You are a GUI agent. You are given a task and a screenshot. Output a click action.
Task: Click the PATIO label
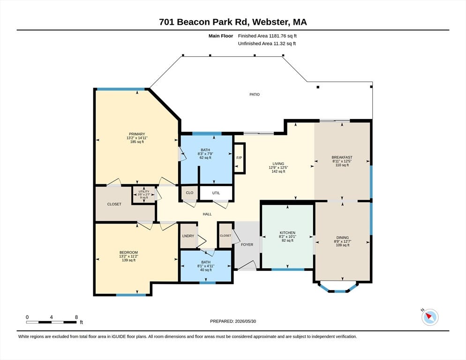click(x=255, y=95)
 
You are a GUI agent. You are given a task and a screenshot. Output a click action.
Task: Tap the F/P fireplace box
click(x=239, y=158)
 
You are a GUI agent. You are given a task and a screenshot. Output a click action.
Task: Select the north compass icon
click(x=430, y=317)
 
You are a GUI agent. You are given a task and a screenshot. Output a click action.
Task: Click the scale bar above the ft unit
click(x=51, y=322)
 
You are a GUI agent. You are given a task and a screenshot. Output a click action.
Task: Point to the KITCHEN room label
click(x=287, y=233)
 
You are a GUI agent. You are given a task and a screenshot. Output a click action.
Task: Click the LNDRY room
click(x=188, y=236)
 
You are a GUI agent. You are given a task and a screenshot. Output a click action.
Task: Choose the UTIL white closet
click(x=216, y=193)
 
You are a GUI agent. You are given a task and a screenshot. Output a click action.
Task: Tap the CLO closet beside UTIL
click(x=189, y=193)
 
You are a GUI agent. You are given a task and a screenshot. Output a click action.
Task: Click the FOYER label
click(x=247, y=245)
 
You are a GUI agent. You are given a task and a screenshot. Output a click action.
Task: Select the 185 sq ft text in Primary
click(x=137, y=142)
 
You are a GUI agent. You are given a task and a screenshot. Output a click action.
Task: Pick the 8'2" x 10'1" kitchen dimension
click(x=287, y=237)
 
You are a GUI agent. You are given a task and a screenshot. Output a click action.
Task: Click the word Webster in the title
click(x=271, y=22)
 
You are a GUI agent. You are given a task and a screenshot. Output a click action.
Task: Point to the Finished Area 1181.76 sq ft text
click(x=267, y=36)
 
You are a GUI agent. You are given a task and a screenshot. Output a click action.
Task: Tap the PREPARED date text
click(x=233, y=322)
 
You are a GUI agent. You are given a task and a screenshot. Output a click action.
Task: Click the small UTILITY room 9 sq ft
click(x=144, y=195)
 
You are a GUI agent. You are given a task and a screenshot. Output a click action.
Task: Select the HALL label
click(x=207, y=214)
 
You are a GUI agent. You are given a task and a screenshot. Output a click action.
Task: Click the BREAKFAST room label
click(x=342, y=157)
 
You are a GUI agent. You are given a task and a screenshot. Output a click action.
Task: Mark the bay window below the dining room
click(x=338, y=287)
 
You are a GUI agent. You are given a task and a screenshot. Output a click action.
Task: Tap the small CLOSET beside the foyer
click(x=225, y=235)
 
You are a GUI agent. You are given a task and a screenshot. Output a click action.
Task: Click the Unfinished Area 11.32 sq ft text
click(x=267, y=44)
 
